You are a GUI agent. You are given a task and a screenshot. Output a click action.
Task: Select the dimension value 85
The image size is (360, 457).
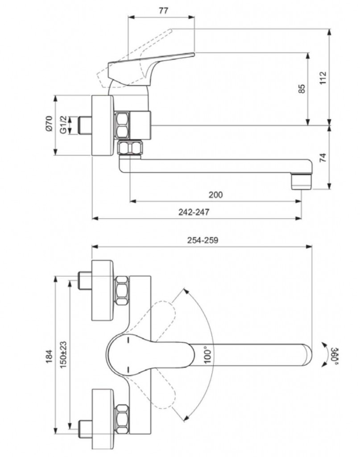point(301,89)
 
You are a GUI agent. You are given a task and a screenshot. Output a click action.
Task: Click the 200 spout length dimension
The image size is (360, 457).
point(215,195)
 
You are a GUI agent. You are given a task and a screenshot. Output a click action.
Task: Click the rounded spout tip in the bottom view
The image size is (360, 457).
point(308,353)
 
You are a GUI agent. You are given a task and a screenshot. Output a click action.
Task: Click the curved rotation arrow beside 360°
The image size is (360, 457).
point(324,355)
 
